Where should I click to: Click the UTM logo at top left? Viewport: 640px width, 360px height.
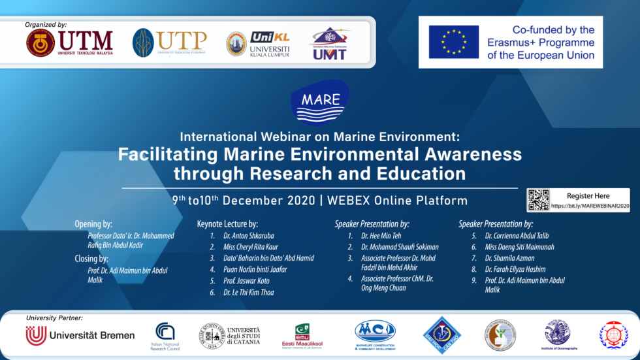[70, 43]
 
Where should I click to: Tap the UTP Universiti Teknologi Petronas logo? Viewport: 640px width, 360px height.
[169, 43]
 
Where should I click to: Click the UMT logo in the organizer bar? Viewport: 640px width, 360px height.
[330, 44]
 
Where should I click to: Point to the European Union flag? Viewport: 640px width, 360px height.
[453, 42]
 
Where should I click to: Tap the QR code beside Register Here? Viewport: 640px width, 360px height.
[538, 201]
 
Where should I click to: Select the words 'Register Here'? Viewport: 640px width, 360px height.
[588, 195]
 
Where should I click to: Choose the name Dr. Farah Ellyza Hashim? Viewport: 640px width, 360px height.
[515, 269]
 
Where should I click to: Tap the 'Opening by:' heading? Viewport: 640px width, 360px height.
[93, 224]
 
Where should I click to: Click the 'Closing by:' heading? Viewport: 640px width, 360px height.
[91, 259]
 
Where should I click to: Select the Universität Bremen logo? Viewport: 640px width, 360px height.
[80, 336]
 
